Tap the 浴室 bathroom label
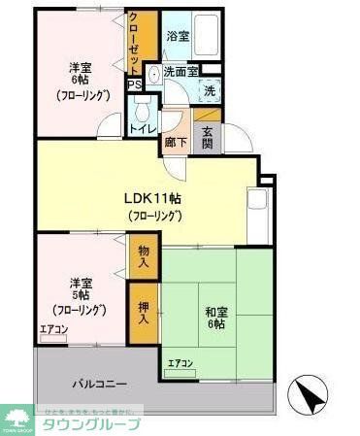(177, 36)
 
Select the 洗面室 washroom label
(180, 71)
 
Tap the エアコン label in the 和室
(180, 364)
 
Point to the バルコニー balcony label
(97, 385)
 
